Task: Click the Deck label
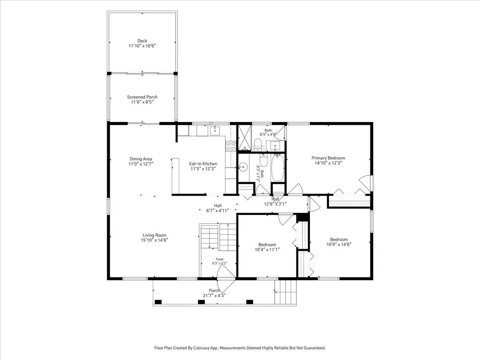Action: click(142, 41)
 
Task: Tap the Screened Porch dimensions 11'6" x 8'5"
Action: click(142, 102)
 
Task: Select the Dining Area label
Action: click(141, 159)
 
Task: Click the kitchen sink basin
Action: click(215, 130)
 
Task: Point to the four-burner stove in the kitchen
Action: click(231, 146)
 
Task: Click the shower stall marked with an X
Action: click(244, 138)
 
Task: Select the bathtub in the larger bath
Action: click(278, 168)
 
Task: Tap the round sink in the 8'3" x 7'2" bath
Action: click(243, 167)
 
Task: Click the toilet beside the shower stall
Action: click(258, 144)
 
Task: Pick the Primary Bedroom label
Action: click(328, 158)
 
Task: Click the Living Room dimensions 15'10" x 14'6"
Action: click(154, 240)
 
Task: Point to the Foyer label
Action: click(220, 259)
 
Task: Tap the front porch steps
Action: click(285, 292)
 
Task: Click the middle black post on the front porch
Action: click(201, 302)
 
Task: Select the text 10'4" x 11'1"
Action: click(267, 249)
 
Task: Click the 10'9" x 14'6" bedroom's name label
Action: click(339, 239)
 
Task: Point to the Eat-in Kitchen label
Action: click(203, 164)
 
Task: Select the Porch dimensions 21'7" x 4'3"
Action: click(214, 296)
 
